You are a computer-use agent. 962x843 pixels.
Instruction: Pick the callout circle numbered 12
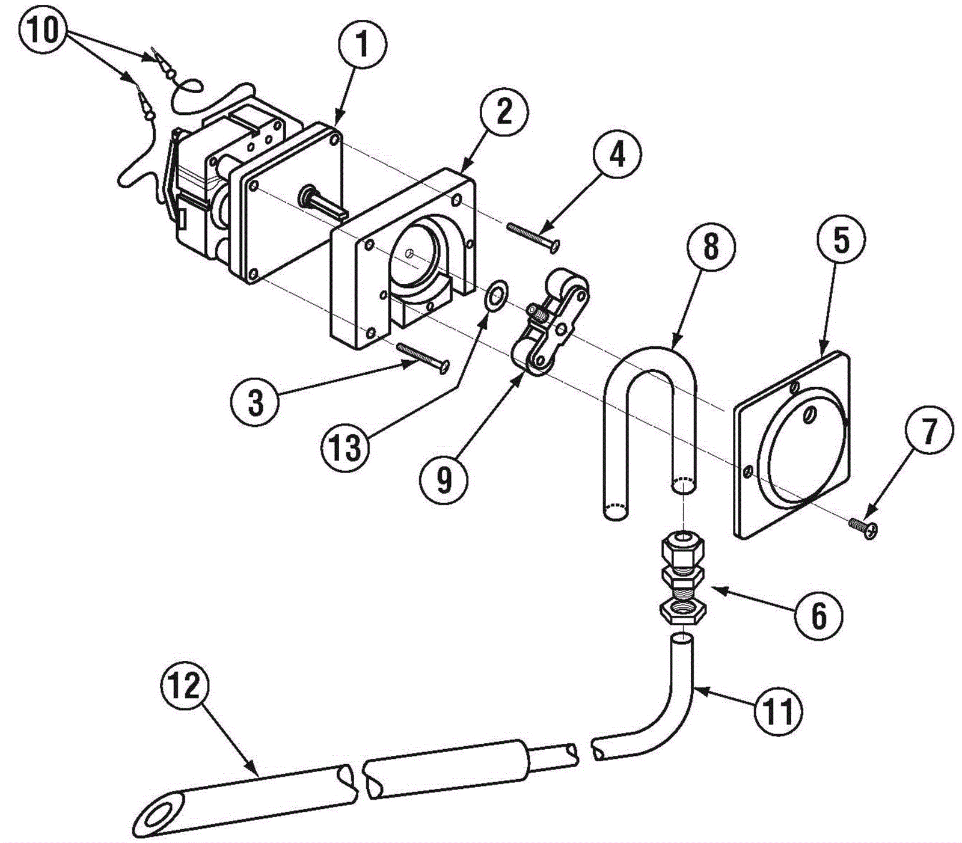click(x=185, y=685)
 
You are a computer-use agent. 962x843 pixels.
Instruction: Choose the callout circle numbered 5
click(x=841, y=241)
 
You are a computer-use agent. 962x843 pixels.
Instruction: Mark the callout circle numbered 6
click(x=819, y=615)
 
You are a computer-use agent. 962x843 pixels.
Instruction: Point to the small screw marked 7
click(x=863, y=527)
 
